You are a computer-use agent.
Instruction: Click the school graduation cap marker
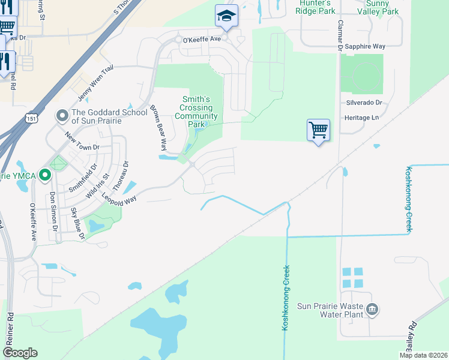tap(226, 16)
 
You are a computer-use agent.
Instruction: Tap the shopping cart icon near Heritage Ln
tap(318, 130)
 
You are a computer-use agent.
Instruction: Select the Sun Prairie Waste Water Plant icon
tap(372, 310)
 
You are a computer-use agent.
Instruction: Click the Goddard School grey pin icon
tap(62, 115)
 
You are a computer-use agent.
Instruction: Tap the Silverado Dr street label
tap(364, 103)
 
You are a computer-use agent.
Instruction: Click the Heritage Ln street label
tap(362, 118)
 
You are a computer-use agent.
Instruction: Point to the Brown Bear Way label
tap(158, 128)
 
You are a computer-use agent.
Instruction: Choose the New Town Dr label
tap(82, 142)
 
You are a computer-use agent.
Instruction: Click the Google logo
tap(20, 353)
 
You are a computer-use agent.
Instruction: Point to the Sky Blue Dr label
tap(78, 224)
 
